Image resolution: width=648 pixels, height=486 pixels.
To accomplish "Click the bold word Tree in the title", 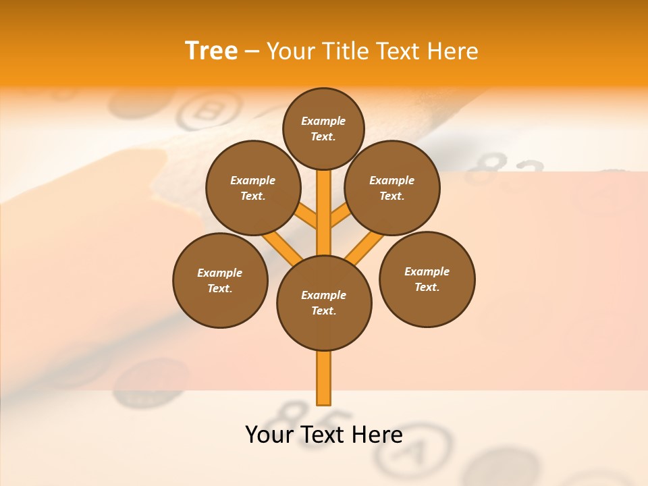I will coord(211,51).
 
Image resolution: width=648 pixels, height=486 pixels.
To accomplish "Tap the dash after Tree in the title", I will coord(252,52).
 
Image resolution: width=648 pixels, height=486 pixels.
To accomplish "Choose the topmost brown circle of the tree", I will coord(323,128).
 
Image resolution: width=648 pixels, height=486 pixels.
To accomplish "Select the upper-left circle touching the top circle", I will coord(253,188).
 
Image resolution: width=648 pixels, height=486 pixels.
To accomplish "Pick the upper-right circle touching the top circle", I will coord(392,188).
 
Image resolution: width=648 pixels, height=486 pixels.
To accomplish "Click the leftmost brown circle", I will coord(220,280).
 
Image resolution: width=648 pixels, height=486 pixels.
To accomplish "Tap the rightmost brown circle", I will coord(427,279).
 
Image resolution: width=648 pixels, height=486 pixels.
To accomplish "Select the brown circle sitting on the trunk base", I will coord(324,302).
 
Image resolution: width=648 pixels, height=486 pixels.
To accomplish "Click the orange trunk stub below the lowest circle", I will coord(324,378).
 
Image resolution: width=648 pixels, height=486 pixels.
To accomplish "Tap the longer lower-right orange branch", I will coord(364,248).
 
